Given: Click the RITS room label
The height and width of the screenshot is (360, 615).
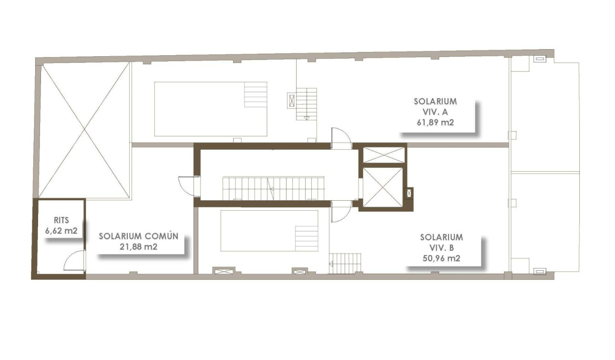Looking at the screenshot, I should pos(61,220).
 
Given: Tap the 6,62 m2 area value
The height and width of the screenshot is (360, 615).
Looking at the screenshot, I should pos(61,231).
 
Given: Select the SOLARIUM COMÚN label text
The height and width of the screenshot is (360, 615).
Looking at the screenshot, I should pos(139,237).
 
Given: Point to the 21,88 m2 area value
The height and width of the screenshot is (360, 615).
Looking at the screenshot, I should pos(139,247).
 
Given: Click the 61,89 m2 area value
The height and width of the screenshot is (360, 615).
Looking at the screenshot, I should pos(435,122).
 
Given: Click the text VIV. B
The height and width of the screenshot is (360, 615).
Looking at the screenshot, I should pos(441,247).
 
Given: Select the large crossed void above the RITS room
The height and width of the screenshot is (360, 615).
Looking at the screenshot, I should pos(84,129).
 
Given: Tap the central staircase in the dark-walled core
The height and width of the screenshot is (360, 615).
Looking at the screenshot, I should pos(273,188).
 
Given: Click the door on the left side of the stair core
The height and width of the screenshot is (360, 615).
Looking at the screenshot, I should pos(188,185).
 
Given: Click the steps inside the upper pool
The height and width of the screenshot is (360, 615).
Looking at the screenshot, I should pos(256,95).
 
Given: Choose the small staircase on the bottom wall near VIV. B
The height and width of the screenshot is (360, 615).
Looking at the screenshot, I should pos(345,263).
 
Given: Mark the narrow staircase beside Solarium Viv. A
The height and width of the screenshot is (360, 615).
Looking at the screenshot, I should pos(306,103).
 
